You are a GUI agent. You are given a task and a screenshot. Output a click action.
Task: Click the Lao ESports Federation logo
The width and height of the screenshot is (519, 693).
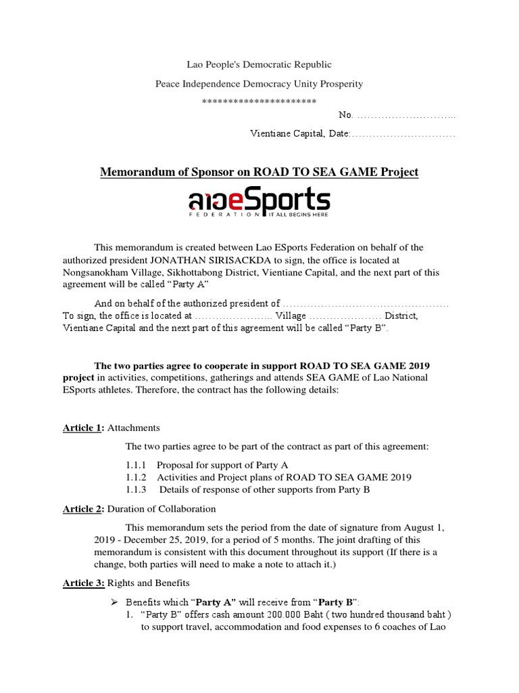click(x=259, y=204)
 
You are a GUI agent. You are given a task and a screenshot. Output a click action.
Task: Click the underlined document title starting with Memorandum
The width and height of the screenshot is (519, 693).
click(x=259, y=173)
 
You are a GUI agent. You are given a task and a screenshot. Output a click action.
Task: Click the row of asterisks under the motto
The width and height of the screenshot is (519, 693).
click(x=259, y=102)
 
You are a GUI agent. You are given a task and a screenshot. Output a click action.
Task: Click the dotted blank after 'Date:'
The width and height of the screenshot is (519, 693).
click(x=403, y=135)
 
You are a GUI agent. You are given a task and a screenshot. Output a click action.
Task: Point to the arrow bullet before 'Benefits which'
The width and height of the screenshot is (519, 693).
click(x=113, y=602)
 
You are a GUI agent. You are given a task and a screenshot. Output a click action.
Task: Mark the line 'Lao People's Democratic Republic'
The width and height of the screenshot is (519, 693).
click(x=259, y=65)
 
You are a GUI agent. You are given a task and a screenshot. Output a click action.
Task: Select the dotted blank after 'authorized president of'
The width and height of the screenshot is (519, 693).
click(x=366, y=304)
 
